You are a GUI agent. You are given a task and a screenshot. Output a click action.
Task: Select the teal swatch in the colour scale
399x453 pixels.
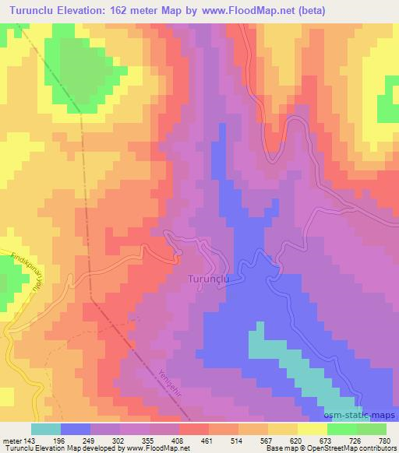(x=46, y=429)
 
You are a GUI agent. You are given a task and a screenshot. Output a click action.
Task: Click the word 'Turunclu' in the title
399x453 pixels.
(x=30, y=11)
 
